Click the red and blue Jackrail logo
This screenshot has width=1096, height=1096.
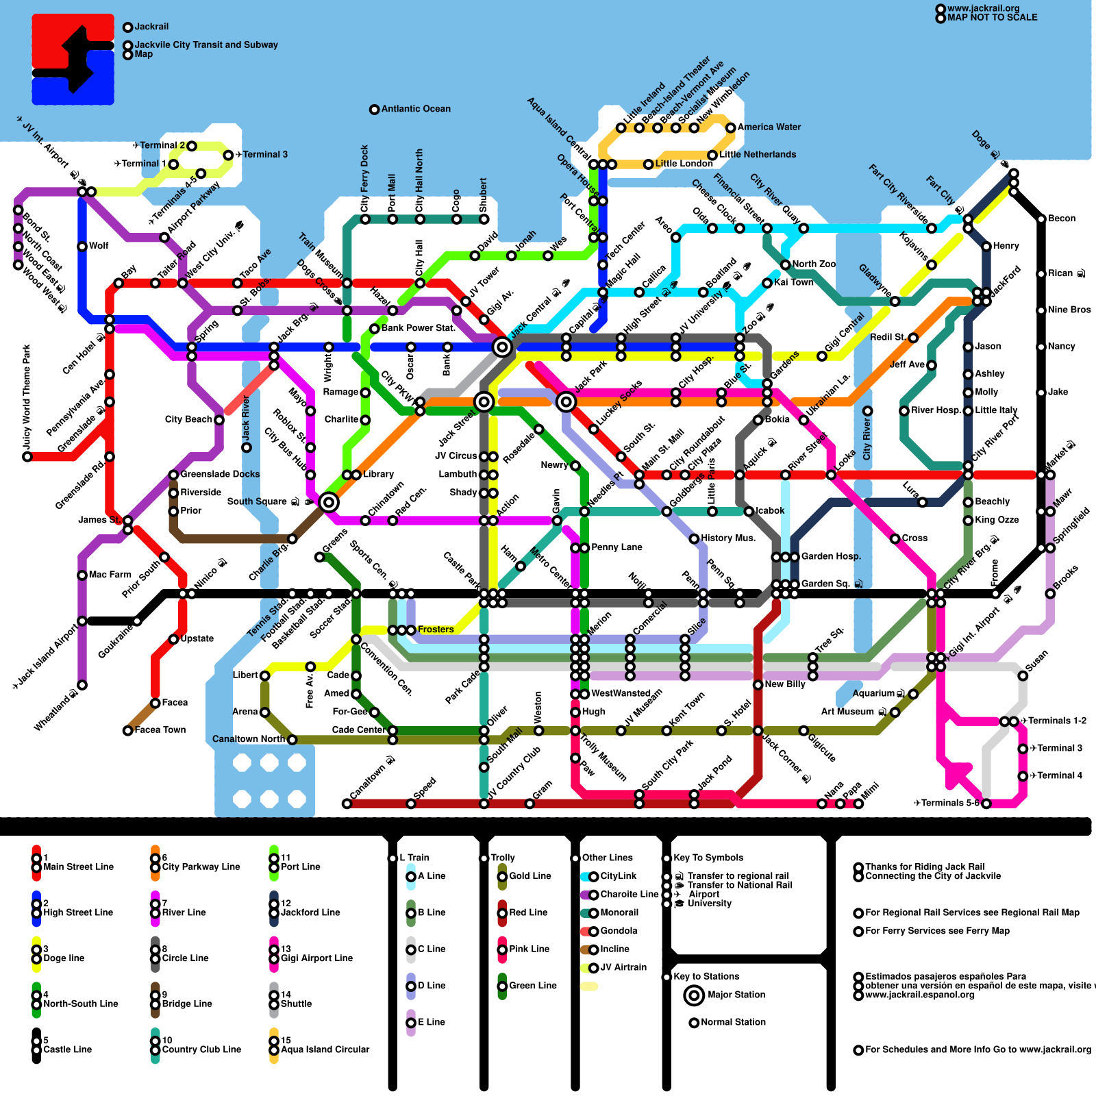click(73, 60)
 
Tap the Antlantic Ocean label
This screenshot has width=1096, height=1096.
click(416, 109)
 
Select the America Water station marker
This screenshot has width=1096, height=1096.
click(731, 127)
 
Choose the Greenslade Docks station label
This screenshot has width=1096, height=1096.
click(220, 474)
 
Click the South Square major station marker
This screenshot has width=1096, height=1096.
click(329, 502)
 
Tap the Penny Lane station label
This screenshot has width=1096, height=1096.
click(616, 547)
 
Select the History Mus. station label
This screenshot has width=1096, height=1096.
click(728, 538)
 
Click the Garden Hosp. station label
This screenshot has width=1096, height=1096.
click(831, 556)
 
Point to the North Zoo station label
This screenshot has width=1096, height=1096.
click(814, 264)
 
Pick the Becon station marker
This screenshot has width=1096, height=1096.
click(1041, 219)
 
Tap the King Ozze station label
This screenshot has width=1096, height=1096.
click(997, 520)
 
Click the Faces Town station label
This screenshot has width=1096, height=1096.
click(160, 730)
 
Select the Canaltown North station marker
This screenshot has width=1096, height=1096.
click(292, 740)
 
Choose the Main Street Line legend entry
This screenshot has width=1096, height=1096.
click(78, 867)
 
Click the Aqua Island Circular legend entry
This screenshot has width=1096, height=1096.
click(325, 1049)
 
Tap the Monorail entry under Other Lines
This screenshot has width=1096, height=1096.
click(619, 912)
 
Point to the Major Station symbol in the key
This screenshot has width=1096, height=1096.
click(695, 995)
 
